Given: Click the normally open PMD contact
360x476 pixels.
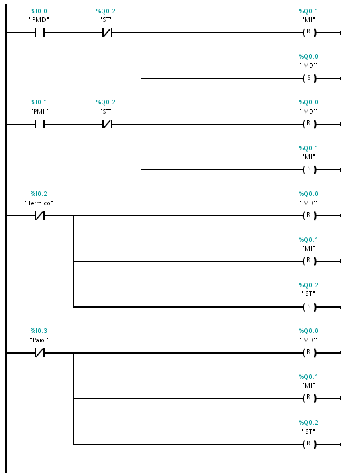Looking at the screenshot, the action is [x=39, y=33].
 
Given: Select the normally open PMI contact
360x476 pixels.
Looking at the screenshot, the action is [x=39, y=124].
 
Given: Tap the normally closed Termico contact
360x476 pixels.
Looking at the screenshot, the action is [x=39, y=215].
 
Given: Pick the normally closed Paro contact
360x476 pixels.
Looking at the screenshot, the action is [x=39, y=353].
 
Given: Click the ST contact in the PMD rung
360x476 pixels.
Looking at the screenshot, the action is [x=106, y=33].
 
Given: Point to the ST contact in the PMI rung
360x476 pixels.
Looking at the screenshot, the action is [x=106, y=124].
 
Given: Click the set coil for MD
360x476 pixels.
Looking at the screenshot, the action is [x=309, y=78].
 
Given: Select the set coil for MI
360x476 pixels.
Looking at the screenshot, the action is [x=309, y=169].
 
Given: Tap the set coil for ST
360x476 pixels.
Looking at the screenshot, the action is [x=309, y=307].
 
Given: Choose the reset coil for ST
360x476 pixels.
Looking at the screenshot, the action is [x=309, y=444].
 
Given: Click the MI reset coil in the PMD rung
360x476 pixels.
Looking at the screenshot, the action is [x=309, y=33].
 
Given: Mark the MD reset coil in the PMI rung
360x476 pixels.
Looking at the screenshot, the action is [x=309, y=124].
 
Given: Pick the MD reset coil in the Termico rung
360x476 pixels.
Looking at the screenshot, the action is [x=309, y=215].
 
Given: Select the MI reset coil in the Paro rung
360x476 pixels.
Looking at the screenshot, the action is [x=309, y=398].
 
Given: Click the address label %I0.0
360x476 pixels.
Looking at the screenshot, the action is [x=39, y=11].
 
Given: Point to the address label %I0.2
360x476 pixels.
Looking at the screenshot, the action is [x=39, y=194].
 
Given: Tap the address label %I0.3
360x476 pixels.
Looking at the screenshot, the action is [x=39, y=330].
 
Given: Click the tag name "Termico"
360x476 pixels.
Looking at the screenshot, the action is [x=39, y=203].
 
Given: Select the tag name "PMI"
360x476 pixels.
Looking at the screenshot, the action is [x=39, y=111].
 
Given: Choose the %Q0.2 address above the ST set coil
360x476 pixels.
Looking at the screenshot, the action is [x=308, y=285].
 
